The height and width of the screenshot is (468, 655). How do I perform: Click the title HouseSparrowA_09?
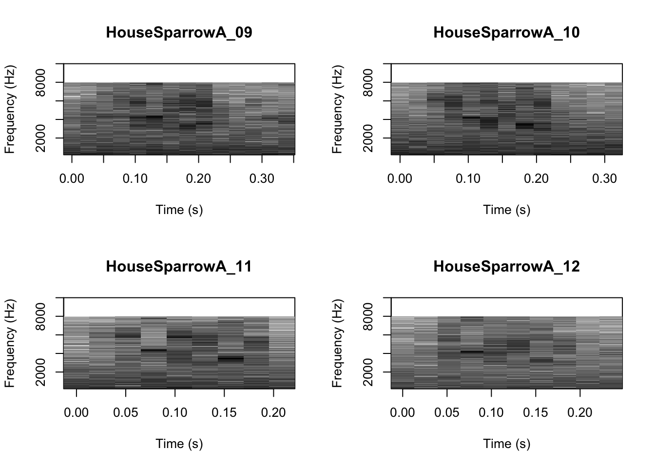pos(179,33)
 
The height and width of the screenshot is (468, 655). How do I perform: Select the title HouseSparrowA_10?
pos(506,33)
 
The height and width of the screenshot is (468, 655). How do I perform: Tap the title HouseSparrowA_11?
pos(179,267)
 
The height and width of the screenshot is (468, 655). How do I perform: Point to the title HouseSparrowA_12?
pos(506,267)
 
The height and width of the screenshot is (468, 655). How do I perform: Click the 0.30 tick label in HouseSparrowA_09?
pos(262,179)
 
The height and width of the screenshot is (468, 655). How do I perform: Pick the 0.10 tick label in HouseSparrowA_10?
pos(468,179)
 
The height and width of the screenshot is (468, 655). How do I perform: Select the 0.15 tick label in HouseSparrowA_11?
pos(224,413)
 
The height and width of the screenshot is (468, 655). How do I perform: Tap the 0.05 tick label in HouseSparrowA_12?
pos(447,413)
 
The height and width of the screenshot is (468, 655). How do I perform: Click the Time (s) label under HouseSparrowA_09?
pos(179,210)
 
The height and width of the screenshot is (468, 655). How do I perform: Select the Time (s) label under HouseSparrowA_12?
pos(506,444)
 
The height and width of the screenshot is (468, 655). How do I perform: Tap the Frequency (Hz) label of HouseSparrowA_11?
pos(10,343)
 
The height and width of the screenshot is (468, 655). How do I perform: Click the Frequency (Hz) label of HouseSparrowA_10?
pos(338,109)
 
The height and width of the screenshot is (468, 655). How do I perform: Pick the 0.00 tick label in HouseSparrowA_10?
pos(400,179)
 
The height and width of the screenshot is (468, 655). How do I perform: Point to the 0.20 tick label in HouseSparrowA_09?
pos(199,179)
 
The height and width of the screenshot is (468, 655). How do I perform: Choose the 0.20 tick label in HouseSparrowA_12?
pos(580,413)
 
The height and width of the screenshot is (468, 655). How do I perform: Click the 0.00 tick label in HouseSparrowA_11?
pos(77,413)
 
